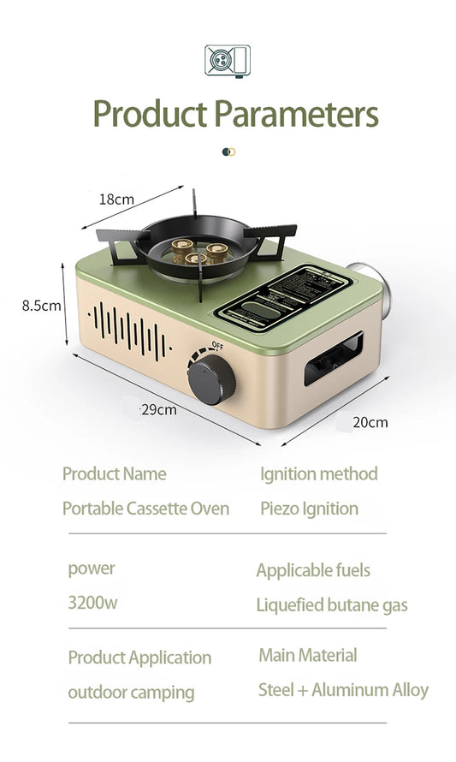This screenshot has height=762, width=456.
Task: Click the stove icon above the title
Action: coord(228,61)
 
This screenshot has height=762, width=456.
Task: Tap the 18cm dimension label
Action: coord(116,199)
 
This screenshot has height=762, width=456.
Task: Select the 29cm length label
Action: coord(159,409)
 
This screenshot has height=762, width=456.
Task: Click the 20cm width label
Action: coord(370,422)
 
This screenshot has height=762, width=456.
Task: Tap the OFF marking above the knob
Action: coord(217,345)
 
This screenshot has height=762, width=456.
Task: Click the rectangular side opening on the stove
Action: coord(333,360)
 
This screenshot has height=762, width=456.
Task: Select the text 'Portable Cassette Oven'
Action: coord(145,509)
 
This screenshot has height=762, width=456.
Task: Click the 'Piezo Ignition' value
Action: coord(309,509)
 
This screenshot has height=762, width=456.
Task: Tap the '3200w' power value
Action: coord(92,602)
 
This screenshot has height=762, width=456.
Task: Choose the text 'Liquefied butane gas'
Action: coord(332,605)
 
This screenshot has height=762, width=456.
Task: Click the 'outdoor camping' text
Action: coord(131,692)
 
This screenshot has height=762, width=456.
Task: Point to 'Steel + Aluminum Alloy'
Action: coord(343,689)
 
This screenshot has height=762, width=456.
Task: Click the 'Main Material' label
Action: coord(308,656)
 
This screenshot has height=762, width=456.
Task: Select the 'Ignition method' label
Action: coord(318,473)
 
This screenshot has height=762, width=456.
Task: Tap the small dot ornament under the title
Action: coord(228,152)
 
